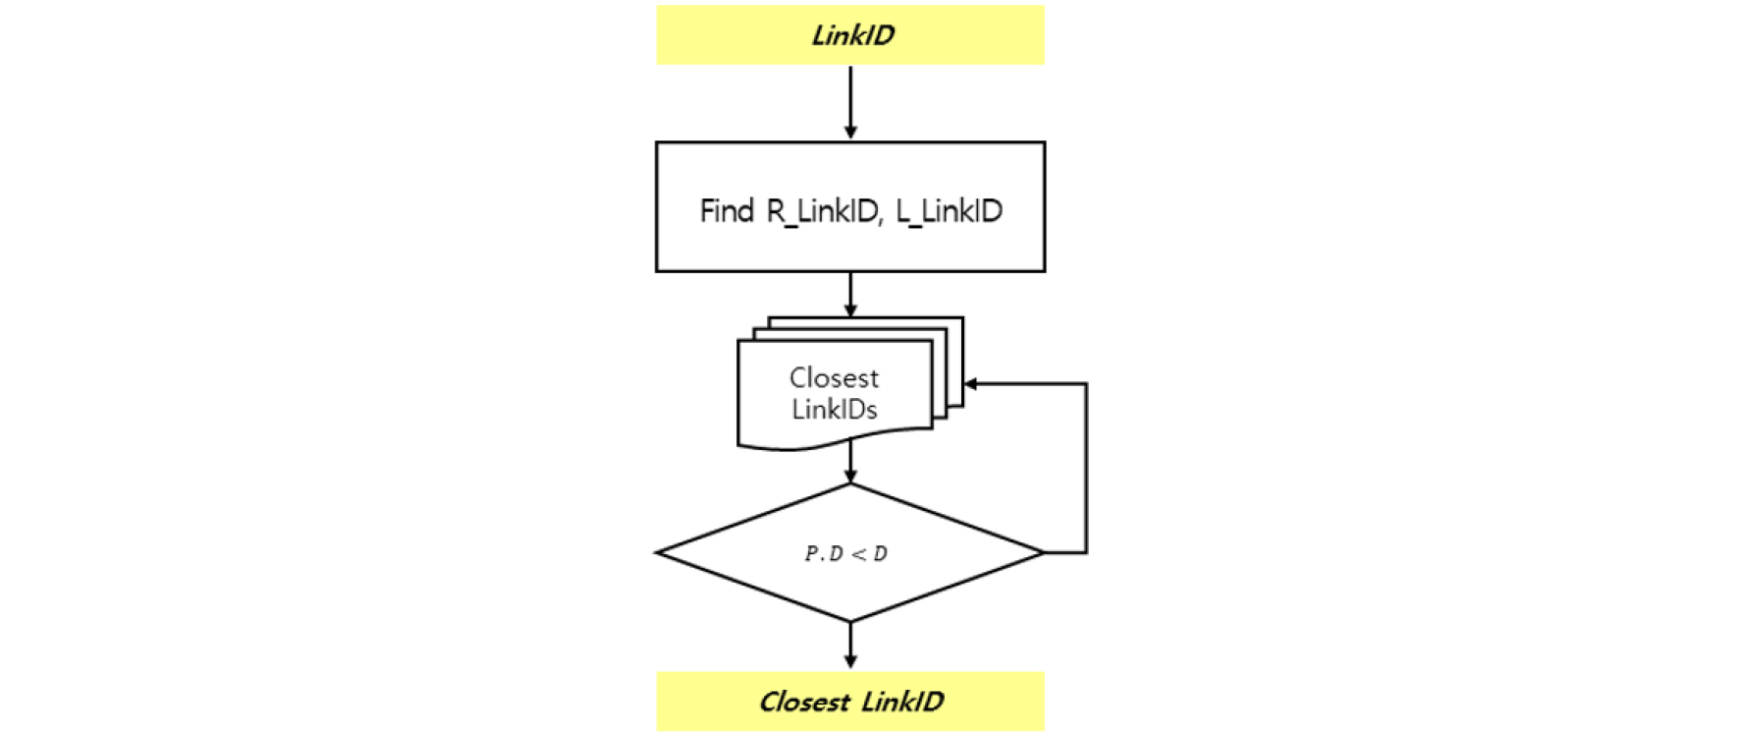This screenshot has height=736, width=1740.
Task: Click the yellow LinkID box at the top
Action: pyautogui.click(x=850, y=35)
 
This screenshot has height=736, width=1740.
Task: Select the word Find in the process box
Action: pyautogui.click(x=727, y=210)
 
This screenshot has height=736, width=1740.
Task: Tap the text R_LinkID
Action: pyautogui.click(x=822, y=210)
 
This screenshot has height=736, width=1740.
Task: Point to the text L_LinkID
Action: pyautogui.click(x=949, y=210)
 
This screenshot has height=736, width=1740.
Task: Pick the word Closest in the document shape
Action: pyautogui.click(x=834, y=377)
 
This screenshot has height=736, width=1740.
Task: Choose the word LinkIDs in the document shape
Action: pyautogui.click(x=834, y=409)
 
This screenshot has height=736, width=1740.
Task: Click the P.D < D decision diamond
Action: pyautogui.click(x=850, y=553)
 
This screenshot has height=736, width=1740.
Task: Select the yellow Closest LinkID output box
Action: pyautogui.click(x=850, y=702)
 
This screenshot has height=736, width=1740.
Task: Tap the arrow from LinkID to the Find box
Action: pyautogui.click(x=850, y=102)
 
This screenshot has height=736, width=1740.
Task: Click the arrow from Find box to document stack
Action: pyautogui.click(x=850, y=294)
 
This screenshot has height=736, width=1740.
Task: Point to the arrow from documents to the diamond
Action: pyautogui.click(x=850, y=464)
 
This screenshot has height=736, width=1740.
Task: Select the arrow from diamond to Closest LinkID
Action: pyautogui.click(x=850, y=646)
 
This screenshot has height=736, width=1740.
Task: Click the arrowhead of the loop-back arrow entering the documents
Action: pyautogui.click(x=971, y=384)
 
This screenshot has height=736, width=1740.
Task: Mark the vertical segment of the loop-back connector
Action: pyautogui.click(x=1086, y=468)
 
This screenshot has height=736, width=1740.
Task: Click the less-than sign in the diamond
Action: pyautogui.click(x=858, y=554)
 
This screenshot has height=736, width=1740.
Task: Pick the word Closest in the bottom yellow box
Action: pyautogui.click(x=804, y=702)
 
